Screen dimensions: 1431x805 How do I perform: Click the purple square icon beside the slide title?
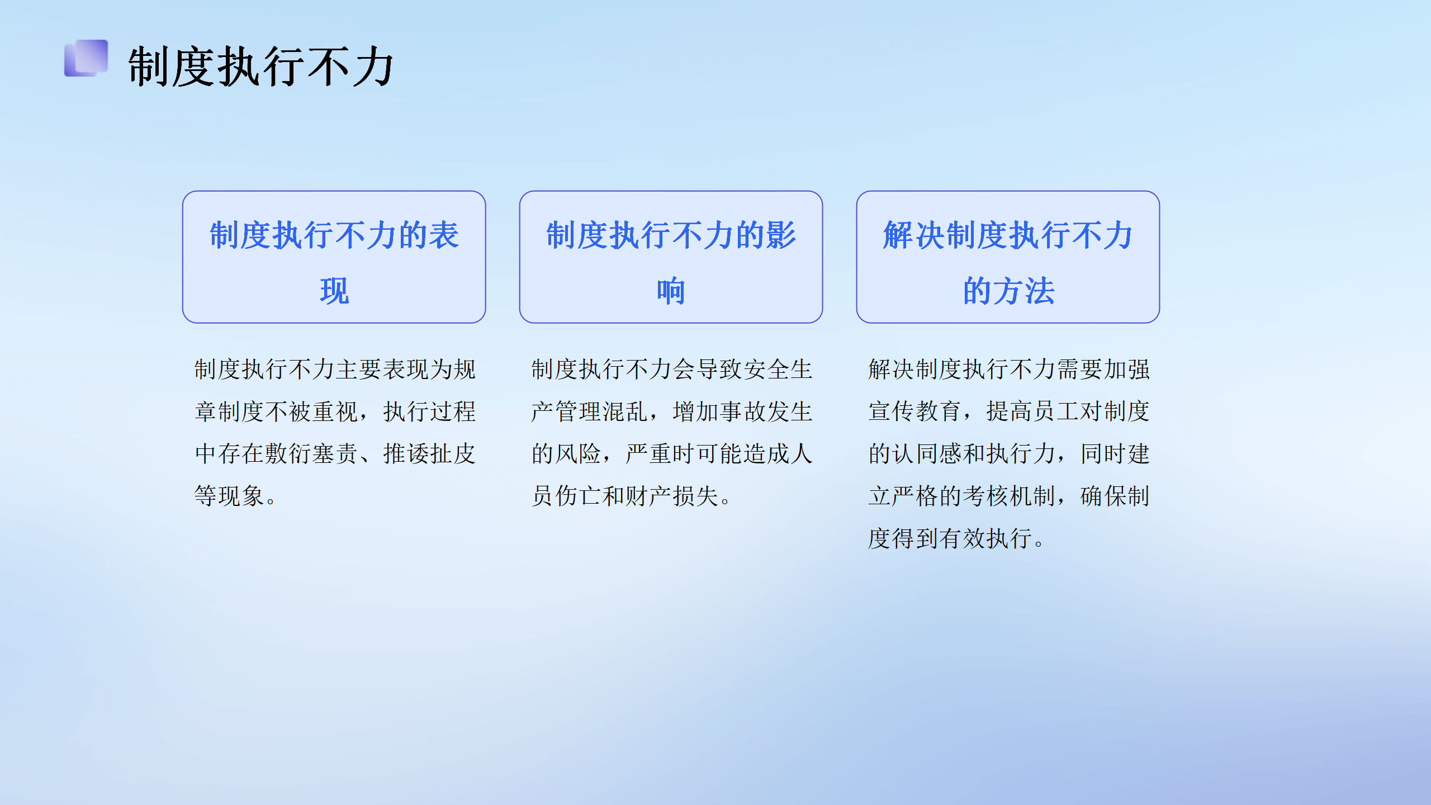[x=86, y=58]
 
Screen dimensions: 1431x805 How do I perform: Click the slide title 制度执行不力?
[x=261, y=67]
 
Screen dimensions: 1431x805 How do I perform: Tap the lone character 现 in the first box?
[x=334, y=291]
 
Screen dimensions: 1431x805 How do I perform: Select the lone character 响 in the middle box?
[x=671, y=291]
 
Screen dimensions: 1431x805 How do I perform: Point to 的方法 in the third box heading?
[x=1008, y=291]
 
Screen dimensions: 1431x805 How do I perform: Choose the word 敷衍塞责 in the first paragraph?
[x=311, y=453]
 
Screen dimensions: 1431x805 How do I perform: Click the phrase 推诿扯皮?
[x=429, y=453]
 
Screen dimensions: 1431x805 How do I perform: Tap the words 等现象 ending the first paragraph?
[x=229, y=496]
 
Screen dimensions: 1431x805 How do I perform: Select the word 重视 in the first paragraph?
[x=335, y=411]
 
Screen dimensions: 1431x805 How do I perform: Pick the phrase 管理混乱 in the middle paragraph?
[x=601, y=411]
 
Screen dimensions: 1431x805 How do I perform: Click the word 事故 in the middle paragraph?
[x=743, y=411]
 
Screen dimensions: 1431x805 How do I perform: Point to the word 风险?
[x=578, y=453]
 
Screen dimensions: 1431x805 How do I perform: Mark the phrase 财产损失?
[x=672, y=496]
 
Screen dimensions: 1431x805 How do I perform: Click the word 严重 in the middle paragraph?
[x=649, y=453]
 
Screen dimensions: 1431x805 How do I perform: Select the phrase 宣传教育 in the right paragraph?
[x=915, y=411]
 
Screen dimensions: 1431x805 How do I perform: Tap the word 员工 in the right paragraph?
[x=1056, y=411]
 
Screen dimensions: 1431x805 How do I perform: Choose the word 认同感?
[x=927, y=453]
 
